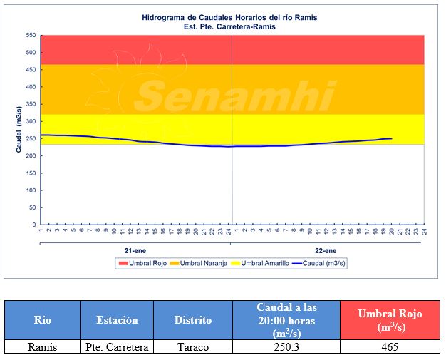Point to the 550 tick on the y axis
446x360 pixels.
click(x=31, y=36)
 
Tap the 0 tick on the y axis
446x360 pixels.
click(x=34, y=225)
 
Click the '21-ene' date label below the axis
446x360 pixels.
click(x=135, y=252)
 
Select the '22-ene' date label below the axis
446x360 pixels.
click(x=326, y=252)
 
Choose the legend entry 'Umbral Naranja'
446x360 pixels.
click(x=204, y=263)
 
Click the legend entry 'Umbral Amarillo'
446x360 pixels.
click(x=264, y=263)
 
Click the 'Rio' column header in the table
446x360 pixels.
click(x=42, y=320)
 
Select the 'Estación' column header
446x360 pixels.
click(x=116, y=320)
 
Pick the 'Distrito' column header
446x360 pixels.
click(x=193, y=320)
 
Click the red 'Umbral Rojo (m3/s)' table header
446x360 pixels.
click(x=390, y=320)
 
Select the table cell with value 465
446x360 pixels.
click(x=390, y=347)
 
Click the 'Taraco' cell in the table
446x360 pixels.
click(x=193, y=347)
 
